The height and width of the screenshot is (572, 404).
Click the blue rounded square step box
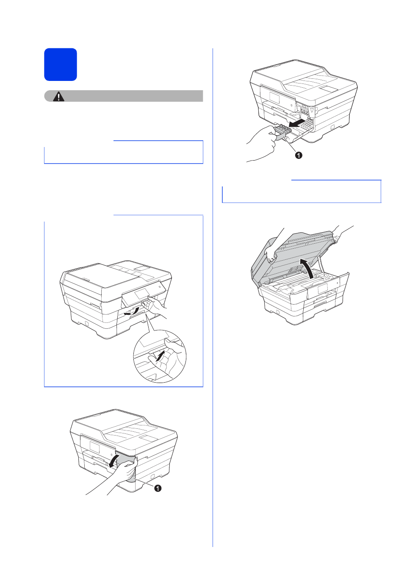click(x=61, y=64)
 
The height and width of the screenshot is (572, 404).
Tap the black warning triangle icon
click(x=59, y=96)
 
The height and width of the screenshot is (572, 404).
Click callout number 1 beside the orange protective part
click(x=299, y=155)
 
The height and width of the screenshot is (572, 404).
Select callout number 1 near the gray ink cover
click(x=158, y=488)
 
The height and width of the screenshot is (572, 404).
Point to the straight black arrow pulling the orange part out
click(x=299, y=122)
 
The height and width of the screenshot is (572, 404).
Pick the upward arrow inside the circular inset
click(x=160, y=356)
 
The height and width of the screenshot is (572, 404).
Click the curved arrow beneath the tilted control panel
click(x=131, y=312)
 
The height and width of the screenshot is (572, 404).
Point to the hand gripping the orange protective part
click(x=263, y=143)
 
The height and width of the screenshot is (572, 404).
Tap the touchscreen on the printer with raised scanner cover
click(x=323, y=289)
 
